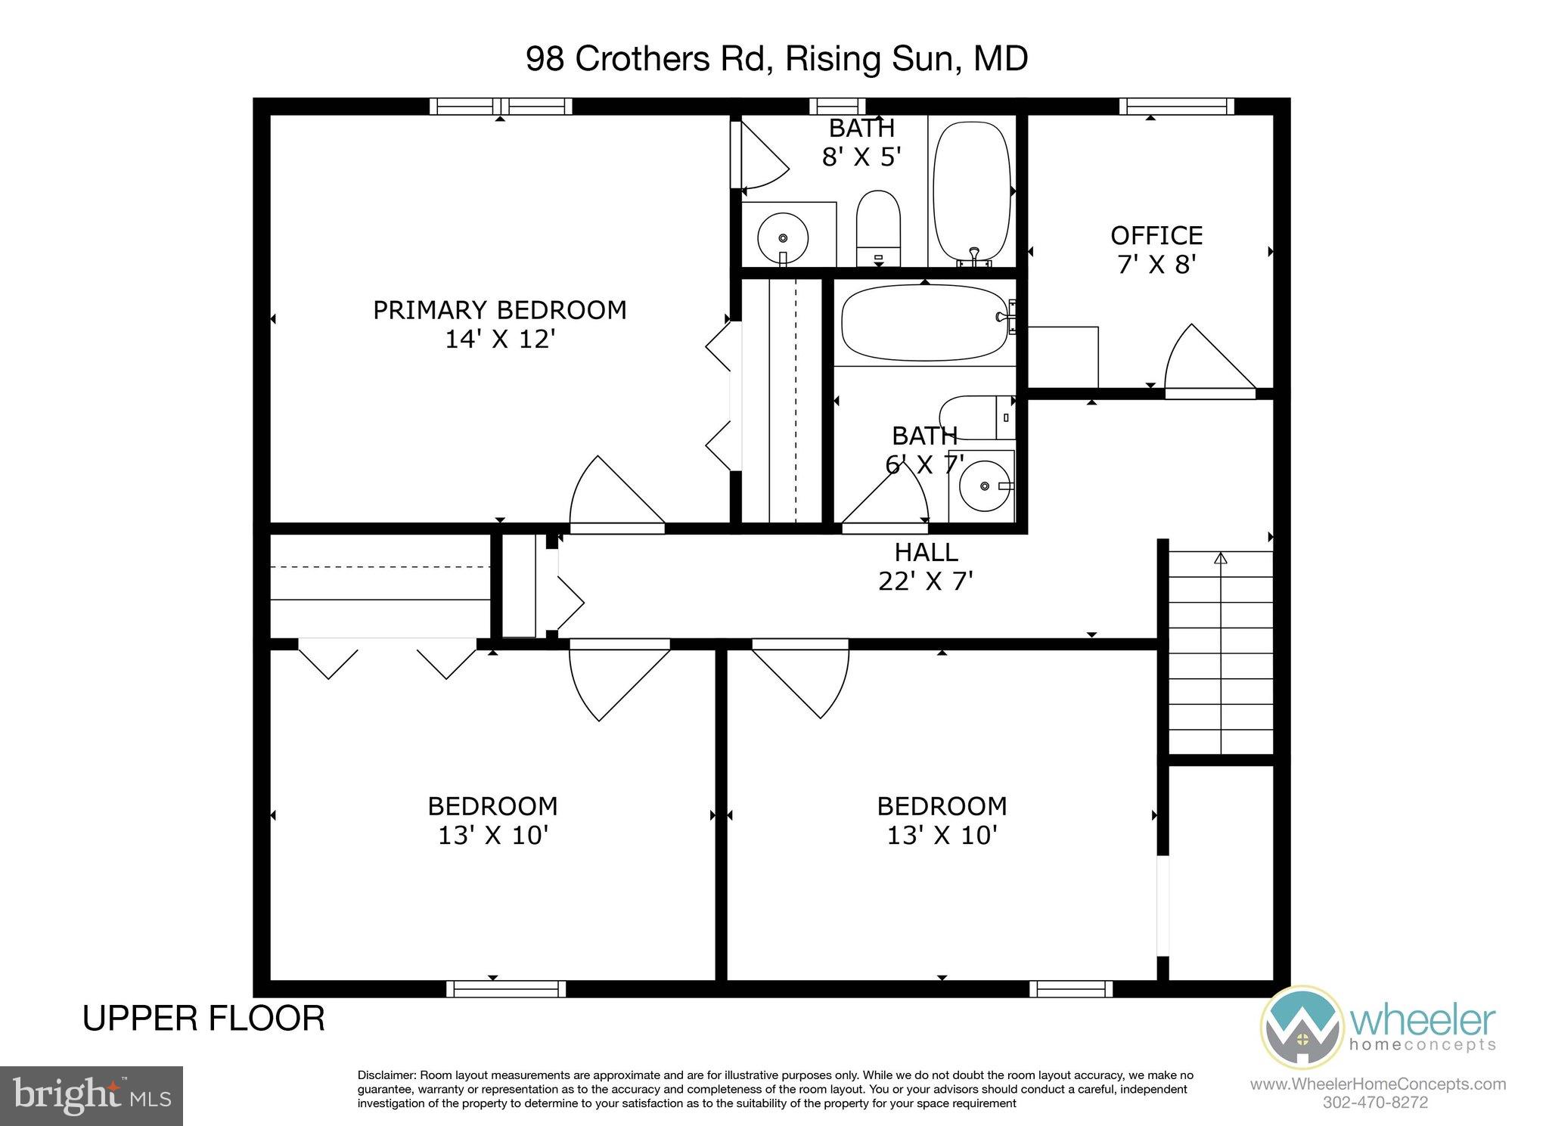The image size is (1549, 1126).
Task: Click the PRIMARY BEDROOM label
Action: [499, 310]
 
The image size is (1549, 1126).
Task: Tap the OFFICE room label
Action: [1156, 235]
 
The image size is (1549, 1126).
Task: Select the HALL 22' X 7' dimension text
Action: [925, 581]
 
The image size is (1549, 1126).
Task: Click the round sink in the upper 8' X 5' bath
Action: [783, 236]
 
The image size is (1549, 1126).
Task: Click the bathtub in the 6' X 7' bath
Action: [924, 323]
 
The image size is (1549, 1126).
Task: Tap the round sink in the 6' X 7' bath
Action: [984, 486]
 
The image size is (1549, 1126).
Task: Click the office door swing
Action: [1203, 361]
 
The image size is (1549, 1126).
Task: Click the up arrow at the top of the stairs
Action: [1219, 559]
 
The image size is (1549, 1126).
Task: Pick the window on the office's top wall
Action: [1176, 107]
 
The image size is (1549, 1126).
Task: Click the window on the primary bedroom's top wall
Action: [500, 107]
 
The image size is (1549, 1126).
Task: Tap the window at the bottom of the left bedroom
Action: [505, 988]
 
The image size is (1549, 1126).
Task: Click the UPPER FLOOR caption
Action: [203, 1019]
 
